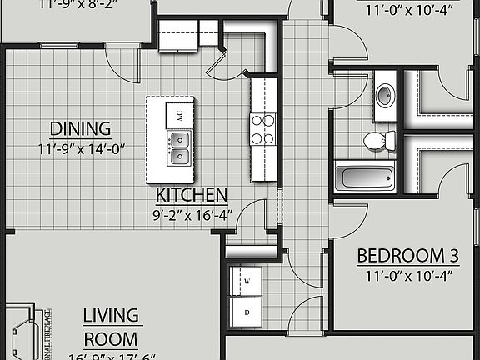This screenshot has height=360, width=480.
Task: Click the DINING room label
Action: [81, 129]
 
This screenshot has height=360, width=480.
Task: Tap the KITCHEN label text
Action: [192, 196]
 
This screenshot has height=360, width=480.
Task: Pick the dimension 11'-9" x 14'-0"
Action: [81, 150]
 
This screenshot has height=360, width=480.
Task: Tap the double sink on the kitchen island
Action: [178, 148]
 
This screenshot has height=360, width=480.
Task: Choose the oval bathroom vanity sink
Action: [385, 94]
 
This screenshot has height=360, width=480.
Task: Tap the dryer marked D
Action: [247, 313]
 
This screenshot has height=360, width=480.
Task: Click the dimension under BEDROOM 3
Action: [408, 275]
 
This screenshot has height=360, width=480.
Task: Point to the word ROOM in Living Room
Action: [111, 339]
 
